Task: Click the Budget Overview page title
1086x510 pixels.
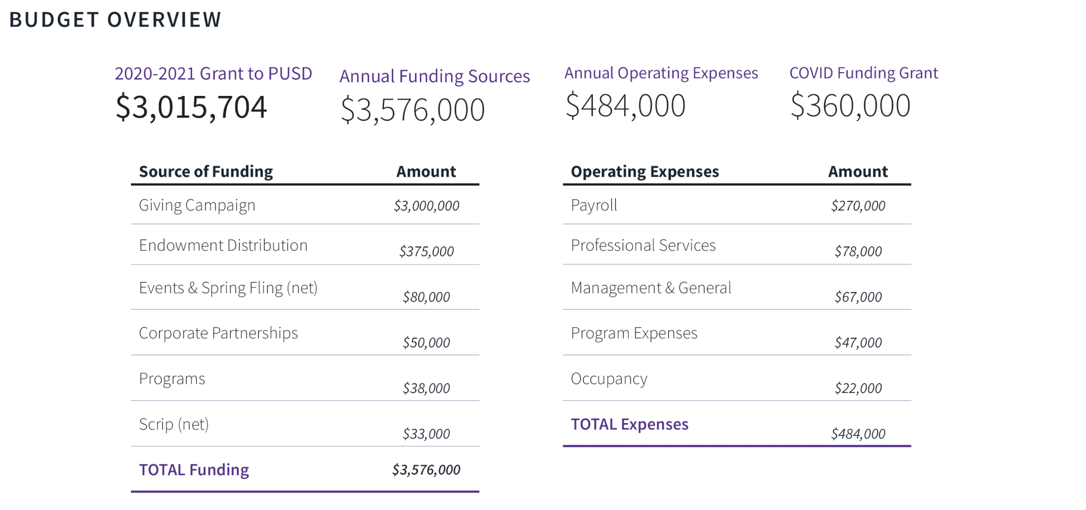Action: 115,20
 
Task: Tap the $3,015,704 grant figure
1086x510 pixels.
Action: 191,107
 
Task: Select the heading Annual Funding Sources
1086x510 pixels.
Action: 435,76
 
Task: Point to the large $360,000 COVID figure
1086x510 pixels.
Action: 850,105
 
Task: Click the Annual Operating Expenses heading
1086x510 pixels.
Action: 661,73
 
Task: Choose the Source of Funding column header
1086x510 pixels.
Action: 206,171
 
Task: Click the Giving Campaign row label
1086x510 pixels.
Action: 197,205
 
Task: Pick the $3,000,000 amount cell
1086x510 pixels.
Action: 426,206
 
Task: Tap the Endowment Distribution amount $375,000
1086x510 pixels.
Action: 426,251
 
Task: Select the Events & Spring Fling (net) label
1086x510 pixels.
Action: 228,288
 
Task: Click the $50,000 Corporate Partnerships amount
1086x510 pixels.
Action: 426,342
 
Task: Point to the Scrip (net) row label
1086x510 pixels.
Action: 174,424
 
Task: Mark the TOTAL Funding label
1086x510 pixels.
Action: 194,470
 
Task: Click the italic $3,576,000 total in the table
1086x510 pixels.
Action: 426,470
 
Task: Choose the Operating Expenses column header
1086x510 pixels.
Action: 645,171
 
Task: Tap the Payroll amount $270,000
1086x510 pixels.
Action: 858,206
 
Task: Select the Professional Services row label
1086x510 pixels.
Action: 643,245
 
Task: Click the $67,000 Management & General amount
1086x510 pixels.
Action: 858,297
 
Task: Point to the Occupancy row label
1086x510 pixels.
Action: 609,379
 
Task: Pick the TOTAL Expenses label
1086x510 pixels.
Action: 629,424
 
